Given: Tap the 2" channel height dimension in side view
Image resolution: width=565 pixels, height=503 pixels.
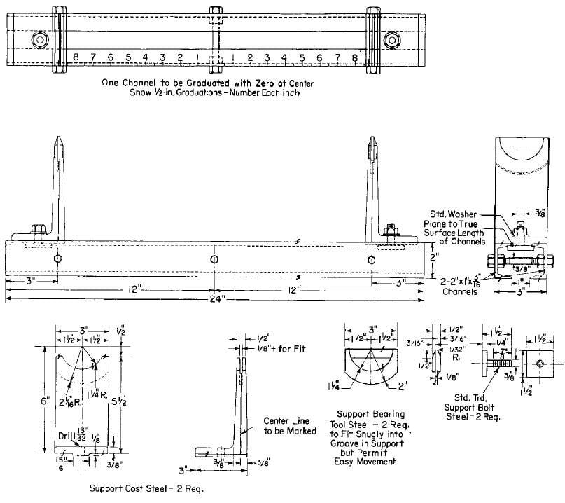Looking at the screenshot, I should (434, 258).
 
